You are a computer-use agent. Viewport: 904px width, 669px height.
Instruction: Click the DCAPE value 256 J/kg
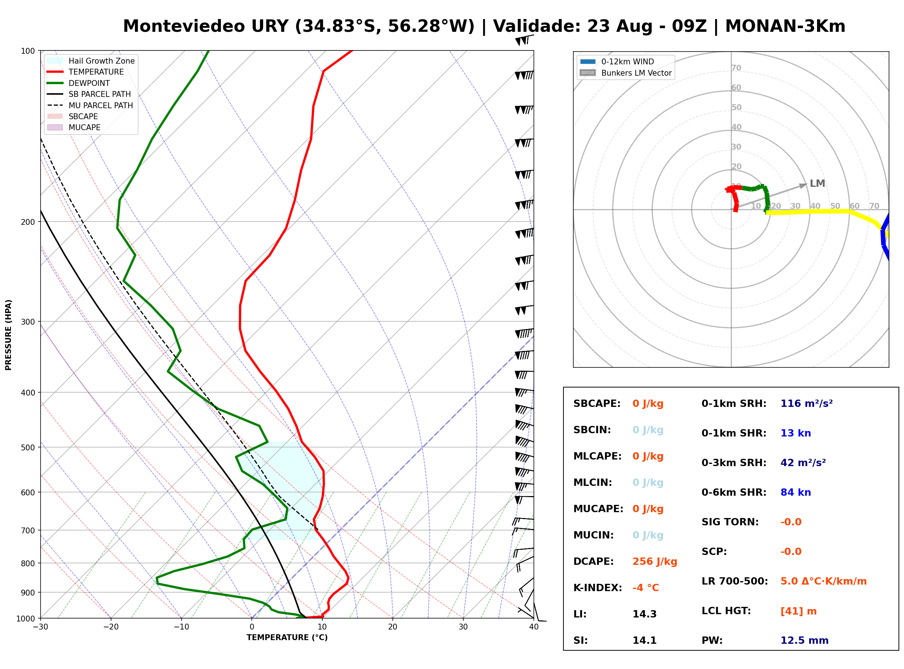(x=654, y=561)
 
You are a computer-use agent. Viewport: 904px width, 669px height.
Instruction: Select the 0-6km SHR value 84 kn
(x=795, y=492)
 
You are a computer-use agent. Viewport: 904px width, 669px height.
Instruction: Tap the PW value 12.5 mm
(x=805, y=640)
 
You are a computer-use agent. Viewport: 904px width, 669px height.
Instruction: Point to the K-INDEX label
(x=598, y=587)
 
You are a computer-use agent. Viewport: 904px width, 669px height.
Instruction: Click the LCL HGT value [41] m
(x=798, y=611)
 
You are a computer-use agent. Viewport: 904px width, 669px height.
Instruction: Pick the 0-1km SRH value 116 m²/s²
(x=806, y=403)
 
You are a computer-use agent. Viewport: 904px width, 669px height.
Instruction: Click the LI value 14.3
(x=644, y=614)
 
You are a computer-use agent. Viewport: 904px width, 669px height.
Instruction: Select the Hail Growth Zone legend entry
(x=91, y=61)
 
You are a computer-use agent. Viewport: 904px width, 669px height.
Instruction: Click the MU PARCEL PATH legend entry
(x=90, y=105)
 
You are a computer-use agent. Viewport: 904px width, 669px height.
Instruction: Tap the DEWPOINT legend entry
(x=79, y=83)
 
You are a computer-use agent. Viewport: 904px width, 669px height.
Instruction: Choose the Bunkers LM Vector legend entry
(x=626, y=73)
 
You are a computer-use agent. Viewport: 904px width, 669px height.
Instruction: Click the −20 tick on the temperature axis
(x=111, y=627)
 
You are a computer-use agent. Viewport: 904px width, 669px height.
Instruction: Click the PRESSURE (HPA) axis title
(x=8, y=335)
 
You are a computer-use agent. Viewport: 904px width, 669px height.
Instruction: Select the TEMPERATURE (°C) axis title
(x=287, y=638)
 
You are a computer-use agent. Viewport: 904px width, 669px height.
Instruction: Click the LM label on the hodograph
(x=817, y=184)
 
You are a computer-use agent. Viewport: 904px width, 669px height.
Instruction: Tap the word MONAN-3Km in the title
(x=785, y=26)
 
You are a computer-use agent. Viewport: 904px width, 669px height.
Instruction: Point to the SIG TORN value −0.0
(x=791, y=522)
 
